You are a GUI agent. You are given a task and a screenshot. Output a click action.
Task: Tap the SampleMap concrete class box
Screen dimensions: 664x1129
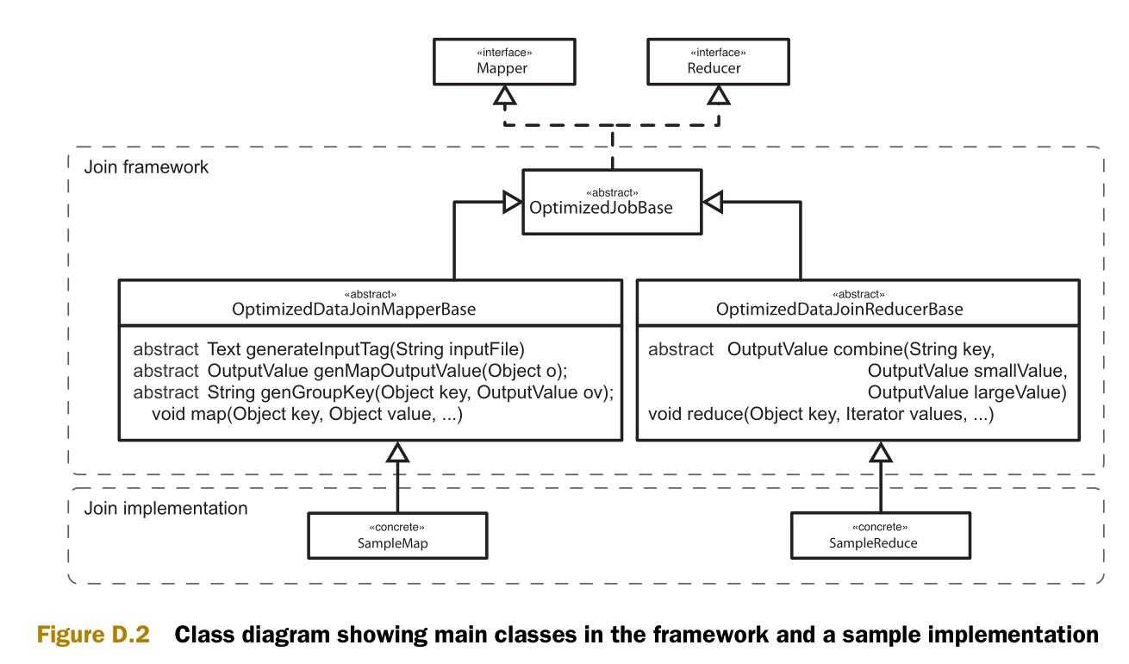(x=398, y=537)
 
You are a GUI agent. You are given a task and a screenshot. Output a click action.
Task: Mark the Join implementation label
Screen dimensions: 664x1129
(x=166, y=507)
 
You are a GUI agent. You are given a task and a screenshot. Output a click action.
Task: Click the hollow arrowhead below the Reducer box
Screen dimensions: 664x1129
(x=718, y=96)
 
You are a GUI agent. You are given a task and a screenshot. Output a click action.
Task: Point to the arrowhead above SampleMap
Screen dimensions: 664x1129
(x=397, y=449)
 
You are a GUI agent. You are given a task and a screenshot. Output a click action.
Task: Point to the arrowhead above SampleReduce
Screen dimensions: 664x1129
(x=880, y=449)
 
